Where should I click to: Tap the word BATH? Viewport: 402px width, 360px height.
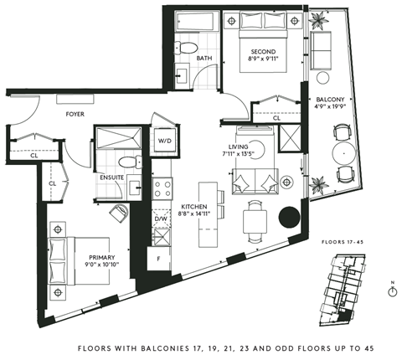click(x=204, y=58)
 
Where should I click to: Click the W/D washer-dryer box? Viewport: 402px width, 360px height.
click(x=165, y=141)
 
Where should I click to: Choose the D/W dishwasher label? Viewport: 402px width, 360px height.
click(x=161, y=220)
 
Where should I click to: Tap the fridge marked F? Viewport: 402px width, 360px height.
click(x=159, y=260)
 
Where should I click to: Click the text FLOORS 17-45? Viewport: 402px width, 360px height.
click(x=345, y=242)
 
